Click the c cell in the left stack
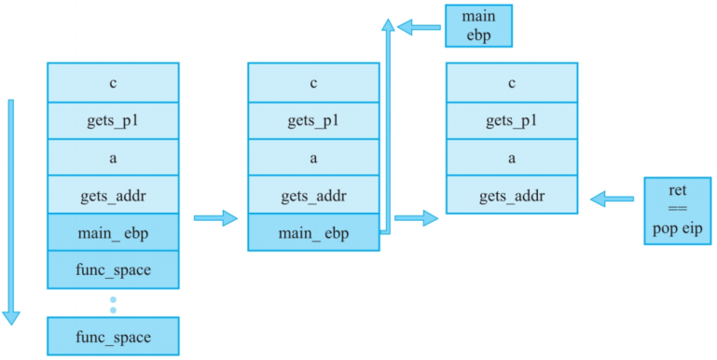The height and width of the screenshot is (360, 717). click(x=113, y=82)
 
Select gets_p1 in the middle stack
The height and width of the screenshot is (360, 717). click(x=312, y=119)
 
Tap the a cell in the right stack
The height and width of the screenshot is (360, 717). click(x=512, y=158)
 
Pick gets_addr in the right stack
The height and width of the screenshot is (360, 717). click(x=512, y=196)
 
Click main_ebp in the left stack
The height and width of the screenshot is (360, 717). click(x=113, y=233)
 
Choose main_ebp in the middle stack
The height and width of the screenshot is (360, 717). click(x=312, y=233)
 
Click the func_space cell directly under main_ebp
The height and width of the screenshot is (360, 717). click(x=113, y=270)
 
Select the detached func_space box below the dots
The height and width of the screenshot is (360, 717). click(x=113, y=336)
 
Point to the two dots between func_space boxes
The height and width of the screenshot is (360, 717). click(x=113, y=304)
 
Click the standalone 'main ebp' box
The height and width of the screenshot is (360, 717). click(x=478, y=25)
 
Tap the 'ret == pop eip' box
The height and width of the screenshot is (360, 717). click(x=677, y=211)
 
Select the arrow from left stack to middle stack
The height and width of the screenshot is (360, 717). click(x=215, y=218)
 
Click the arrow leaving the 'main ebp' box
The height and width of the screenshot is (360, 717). click(x=419, y=27)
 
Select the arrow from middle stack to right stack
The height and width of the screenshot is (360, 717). click(x=416, y=218)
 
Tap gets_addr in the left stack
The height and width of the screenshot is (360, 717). click(x=113, y=196)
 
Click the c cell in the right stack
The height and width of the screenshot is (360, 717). click(x=512, y=82)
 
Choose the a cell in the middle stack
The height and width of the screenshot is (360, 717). click(x=312, y=158)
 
